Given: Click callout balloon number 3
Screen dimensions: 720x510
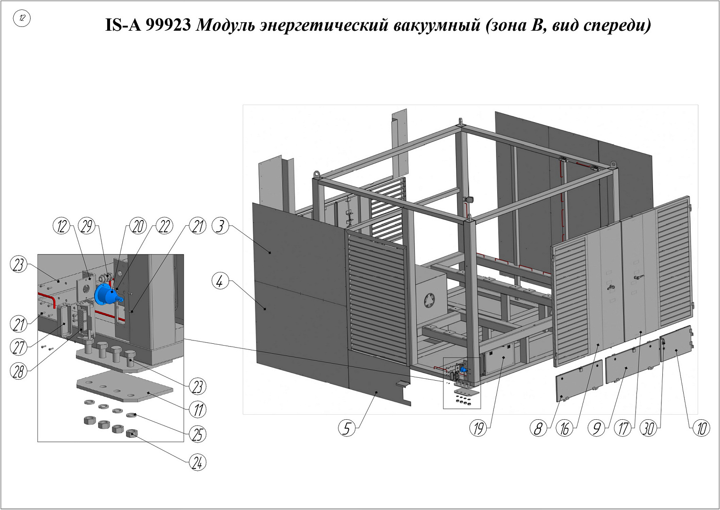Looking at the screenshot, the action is (220, 226).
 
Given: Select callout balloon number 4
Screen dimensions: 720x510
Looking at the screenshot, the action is (220, 282).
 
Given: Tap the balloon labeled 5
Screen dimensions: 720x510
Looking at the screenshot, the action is (347, 428).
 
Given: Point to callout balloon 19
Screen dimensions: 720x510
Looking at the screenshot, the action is (478, 428).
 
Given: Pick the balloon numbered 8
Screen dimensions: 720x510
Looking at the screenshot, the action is (538, 428).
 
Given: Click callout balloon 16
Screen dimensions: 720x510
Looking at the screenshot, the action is (565, 428).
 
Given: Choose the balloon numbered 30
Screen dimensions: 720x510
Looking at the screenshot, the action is (649, 428).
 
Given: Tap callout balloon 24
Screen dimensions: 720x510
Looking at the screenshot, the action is (197, 463).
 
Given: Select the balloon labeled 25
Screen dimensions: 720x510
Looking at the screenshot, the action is (197, 434).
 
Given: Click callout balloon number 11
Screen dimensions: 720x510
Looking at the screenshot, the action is (197, 410).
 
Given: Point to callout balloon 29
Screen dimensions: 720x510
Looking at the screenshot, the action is (87, 226).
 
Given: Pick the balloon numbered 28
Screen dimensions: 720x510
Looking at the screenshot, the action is (18, 372).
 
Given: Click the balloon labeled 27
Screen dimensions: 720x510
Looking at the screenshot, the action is (18, 347).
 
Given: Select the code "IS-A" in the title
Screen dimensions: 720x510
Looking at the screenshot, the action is (123, 25).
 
